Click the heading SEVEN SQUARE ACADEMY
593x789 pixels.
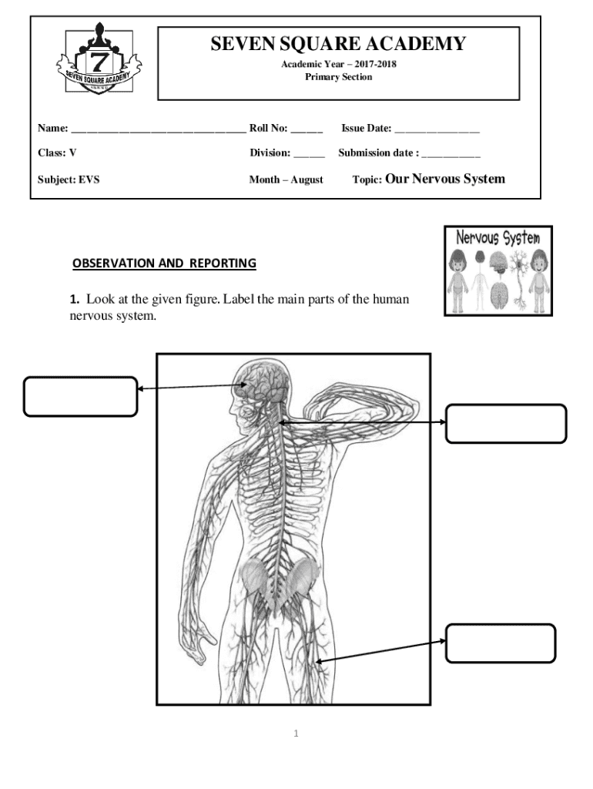[338, 44]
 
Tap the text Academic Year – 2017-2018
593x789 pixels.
[338, 64]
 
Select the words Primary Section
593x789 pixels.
[338, 77]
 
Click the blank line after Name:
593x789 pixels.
[158, 129]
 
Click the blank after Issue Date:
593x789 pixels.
[437, 129]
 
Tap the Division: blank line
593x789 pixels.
[309, 153]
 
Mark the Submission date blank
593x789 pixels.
[451, 153]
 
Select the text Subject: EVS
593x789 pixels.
[69, 180]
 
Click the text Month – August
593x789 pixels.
[286, 180]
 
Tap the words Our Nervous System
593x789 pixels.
[444, 179]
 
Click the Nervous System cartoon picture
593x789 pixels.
[498, 270]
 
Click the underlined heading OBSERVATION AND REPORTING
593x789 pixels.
[164, 264]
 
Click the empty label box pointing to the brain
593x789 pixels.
[80, 396]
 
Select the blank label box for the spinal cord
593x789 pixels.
[506, 423]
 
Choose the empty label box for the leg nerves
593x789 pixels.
[500, 643]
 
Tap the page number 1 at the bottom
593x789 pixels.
[296, 733]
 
